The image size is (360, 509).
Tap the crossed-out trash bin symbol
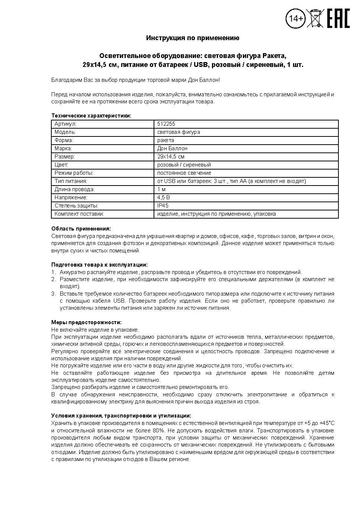pyautogui.click(x=315, y=18)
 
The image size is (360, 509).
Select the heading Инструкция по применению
pyautogui.click(x=193, y=38)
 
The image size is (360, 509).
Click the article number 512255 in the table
pyautogui.click(x=166, y=124)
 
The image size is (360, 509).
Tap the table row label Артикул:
pyautogui.click(x=65, y=124)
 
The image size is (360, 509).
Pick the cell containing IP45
pyautogui.click(x=163, y=206)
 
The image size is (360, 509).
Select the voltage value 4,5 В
pyautogui.click(x=163, y=197)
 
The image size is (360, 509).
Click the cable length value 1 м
pyautogui.click(x=161, y=189)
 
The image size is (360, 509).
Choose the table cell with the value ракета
pyautogui.click(x=165, y=140)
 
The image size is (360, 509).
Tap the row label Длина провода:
pyautogui.click(x=74, y=189)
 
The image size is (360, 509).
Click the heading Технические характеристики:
pyautogui.click(x=91, y=116)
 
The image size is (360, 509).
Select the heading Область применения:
pyautogui.click(x=81, y=229)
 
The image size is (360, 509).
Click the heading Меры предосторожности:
pyautogui.click(x=86, y=322)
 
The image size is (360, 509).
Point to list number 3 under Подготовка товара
pyautogui.click(x=53, y=294)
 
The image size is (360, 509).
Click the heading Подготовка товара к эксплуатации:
pyautogui.click(x=99, y=265)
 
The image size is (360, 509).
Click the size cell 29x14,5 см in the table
pyautogui.click(x=171, y=157)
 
